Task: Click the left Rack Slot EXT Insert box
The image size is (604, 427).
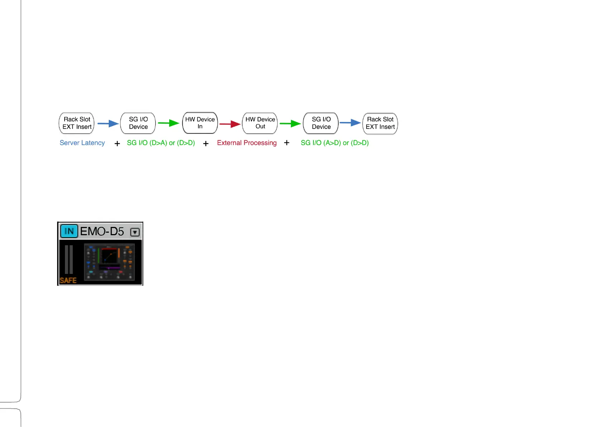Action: tap(76, 123)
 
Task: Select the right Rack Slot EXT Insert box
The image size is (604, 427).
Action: tap(380, 123)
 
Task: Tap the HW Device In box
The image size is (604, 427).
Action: tap(200, 123)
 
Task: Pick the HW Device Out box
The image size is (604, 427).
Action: tap(260, 123)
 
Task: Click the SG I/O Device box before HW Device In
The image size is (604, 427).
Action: tap(138, 123)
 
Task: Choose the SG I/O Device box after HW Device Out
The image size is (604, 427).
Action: tap(321, 123)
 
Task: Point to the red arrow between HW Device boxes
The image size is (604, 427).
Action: tap(230, 124)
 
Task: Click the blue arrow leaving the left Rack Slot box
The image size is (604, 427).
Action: tap(108, 123)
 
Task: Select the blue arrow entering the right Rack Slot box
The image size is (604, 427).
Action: tap(350, 123)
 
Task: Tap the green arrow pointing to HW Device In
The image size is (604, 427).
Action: tap(169, 123)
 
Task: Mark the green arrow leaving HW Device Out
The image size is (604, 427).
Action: tap(290, 124)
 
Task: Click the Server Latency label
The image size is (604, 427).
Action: tap(82, 143)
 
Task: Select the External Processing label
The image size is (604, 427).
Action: tap(247, 143)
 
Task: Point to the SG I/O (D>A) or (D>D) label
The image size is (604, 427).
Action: tap(161, 143)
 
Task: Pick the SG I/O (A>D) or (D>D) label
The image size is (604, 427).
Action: tap(335, 143)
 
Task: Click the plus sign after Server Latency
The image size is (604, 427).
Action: tap(117, 143)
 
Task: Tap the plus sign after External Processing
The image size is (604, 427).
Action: tap(287, 143)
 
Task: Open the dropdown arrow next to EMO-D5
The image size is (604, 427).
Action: tap(135, 232)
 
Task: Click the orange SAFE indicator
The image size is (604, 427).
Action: tap(68, 280)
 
